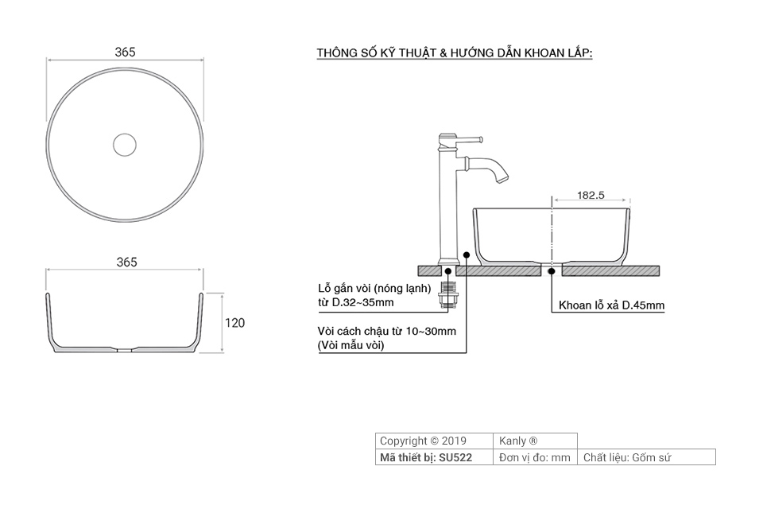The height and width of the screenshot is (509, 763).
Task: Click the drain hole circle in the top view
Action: (125, 144)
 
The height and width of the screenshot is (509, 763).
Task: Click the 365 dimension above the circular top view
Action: (125, 52)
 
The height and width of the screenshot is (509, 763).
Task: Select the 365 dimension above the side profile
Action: (126, 262)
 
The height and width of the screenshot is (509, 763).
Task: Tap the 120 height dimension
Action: (234, 323)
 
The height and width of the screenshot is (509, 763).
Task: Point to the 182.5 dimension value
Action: (591, 194)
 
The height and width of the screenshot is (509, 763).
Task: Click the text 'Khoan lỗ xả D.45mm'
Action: (611, 305)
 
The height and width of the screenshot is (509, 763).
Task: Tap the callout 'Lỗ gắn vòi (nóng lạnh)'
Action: (374, 288)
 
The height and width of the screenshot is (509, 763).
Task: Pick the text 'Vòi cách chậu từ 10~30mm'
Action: (386, 331)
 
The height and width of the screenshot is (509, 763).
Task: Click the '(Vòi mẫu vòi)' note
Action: (351, 345)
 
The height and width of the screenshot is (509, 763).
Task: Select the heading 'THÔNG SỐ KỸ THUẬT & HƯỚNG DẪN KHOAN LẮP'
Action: (455, 53)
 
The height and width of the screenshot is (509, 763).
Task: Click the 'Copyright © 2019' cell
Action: (423, 441)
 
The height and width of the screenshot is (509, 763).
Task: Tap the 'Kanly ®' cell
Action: (519, 441)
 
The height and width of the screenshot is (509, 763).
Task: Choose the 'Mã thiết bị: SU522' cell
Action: (426, 457)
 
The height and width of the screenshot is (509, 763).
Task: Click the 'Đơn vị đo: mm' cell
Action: (535, 457)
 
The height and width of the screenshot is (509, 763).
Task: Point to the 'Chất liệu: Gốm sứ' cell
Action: (628, 457)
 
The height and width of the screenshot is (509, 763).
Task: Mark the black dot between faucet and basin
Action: (467, 257)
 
